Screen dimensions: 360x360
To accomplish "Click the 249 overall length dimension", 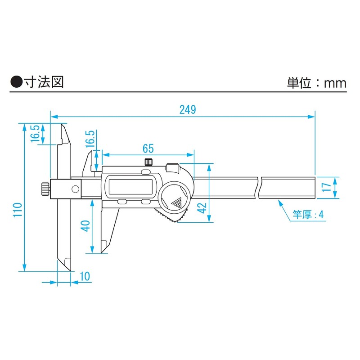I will pyautogui.click(x=187, y=110).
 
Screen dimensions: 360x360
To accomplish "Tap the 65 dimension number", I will pyautogui.click(x=148, y=148).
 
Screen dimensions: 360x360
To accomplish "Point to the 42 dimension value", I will pyautogui.click(x=202, y=208).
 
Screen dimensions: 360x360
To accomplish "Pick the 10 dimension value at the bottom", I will pyautogui.click(x=85, y=276).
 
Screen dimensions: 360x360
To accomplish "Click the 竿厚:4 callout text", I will pyautogui.click(x=308, y=214).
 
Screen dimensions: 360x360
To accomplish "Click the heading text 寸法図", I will pyautogui.click(x=45, y=81).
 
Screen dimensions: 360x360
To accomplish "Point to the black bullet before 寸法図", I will pyautogui.click(x=17, y=81).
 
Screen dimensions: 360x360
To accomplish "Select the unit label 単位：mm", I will pyautogui.click(x=316, y=83).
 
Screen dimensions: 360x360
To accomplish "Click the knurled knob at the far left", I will pyautogui.click(x=44, y=189).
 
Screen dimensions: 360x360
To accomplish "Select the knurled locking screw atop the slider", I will pyautogui.click(x=148, y=162).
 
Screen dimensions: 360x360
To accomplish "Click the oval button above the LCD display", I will pyautogui.click(x=146, y=172).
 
